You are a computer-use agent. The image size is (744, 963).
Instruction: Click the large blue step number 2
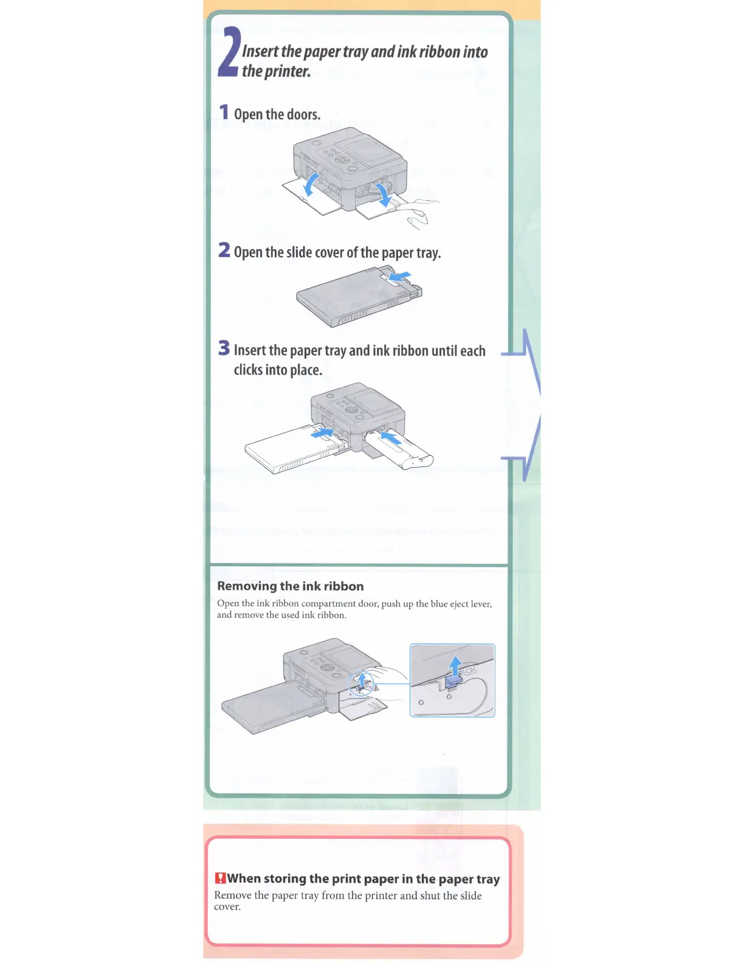(x=228, y=52)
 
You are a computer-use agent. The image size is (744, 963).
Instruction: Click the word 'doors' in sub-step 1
(x=303, y=114)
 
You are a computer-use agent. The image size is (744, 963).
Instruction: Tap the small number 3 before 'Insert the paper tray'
(x=224, y=348)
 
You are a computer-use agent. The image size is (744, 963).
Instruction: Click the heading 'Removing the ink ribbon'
(x=291, y=586)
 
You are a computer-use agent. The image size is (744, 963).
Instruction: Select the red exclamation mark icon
(x=220, y=878)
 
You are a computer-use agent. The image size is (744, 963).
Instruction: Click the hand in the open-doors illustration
(x=419, y=213)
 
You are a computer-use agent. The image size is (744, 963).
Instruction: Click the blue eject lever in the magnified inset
(x=453, y=683)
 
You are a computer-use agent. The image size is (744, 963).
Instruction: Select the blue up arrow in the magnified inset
(x=455, y=665)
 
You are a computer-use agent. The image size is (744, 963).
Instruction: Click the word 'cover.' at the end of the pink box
(x=227, y=906)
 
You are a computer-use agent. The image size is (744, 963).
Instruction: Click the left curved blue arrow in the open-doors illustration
(x=311, y=184)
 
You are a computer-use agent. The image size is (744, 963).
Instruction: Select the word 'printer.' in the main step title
(x=288, y=72)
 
